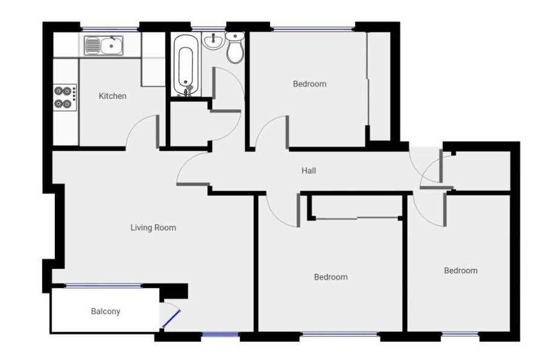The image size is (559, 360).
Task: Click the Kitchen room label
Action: (112, 96)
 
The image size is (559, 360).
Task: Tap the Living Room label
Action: (153, 227)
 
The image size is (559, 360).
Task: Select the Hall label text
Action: (309, 171)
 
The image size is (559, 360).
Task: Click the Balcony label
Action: (106, 311)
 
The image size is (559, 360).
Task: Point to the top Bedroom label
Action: (309, 84)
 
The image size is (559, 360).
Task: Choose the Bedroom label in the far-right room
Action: (461, 271)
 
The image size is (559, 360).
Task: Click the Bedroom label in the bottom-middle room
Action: (331, 277)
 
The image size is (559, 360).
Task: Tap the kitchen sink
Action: (104, 46)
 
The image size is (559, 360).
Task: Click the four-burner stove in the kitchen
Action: (65, 97)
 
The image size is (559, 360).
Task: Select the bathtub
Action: (186, 65)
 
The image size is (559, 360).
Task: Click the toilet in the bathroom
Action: (235, 48)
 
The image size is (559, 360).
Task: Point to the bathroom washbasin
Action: (213, 40)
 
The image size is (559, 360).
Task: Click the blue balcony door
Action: (171, 318)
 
